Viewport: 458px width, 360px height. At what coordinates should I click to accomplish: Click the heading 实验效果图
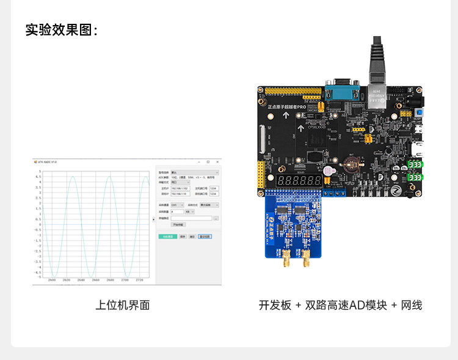point(61,30)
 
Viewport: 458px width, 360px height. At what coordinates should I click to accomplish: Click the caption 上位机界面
point(122,305)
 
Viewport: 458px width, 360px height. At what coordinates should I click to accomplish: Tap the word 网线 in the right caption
point(411,305)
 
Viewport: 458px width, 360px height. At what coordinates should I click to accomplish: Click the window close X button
point(217,162)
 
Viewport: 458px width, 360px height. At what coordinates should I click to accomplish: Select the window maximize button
point(208,162)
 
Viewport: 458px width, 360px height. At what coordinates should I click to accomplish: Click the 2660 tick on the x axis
point(95,280)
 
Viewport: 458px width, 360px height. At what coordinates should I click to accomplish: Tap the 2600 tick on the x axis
point(51,280)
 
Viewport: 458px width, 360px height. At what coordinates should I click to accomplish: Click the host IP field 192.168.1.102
point(180,188)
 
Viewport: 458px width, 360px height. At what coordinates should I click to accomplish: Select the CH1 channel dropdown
point(177,205)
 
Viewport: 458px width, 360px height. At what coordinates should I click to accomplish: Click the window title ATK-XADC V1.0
point(48,162)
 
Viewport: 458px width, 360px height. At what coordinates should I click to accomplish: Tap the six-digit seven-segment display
point(300,182)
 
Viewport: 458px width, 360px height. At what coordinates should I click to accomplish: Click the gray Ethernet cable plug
point(377,61)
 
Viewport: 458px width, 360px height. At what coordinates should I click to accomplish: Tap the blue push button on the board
point(419,114)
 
